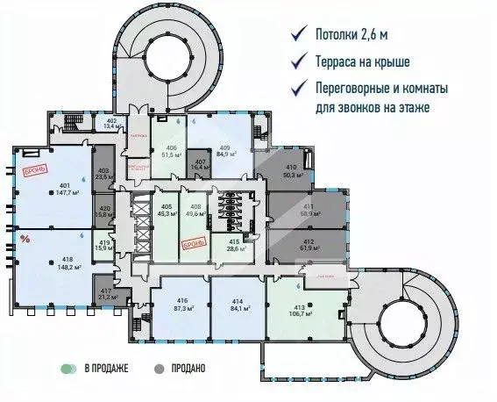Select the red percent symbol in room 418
coord(25,238)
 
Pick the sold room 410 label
coord(290,166)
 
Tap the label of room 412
coord(308,242)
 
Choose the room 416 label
coord(182,300)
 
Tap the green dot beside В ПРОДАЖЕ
coord(65,369)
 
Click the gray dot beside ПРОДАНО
coord(160,369)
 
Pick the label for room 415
coord(235,241)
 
